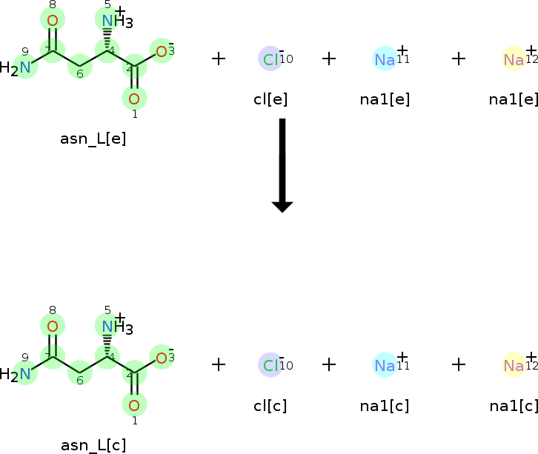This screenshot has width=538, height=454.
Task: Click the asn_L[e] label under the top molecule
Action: [x=93, y=138]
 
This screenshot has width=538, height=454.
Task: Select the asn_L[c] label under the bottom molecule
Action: [x=93, y=445]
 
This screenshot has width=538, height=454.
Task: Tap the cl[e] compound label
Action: [x=270, y=99]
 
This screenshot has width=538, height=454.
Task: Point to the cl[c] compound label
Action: [x=270, y=406]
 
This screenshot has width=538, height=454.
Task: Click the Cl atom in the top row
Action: [x=270, y=59]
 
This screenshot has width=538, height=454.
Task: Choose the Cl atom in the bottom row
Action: [x=270, y=365]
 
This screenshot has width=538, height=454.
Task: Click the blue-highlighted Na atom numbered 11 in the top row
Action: [x=385, y=59]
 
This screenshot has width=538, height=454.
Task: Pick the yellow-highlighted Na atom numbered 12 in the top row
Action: [x=514, y=59]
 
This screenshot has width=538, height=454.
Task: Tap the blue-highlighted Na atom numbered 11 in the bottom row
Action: [x=385, y=365]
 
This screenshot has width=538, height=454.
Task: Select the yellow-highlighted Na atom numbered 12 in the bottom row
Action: [x=514, y=365]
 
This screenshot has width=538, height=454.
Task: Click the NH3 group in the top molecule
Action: [x=114, y=21]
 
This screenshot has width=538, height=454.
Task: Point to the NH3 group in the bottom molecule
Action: [x=114, y=327]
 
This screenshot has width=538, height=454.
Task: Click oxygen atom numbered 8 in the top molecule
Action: [x=53, y=20]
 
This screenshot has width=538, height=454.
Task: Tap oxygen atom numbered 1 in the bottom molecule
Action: [x=134, y=404]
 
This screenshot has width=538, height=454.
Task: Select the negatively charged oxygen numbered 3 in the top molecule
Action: [x=162, y=50]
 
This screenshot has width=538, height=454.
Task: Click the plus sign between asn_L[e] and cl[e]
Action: [x=219, y=59]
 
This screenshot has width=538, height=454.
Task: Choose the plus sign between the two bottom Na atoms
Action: [x=459, y=364]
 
